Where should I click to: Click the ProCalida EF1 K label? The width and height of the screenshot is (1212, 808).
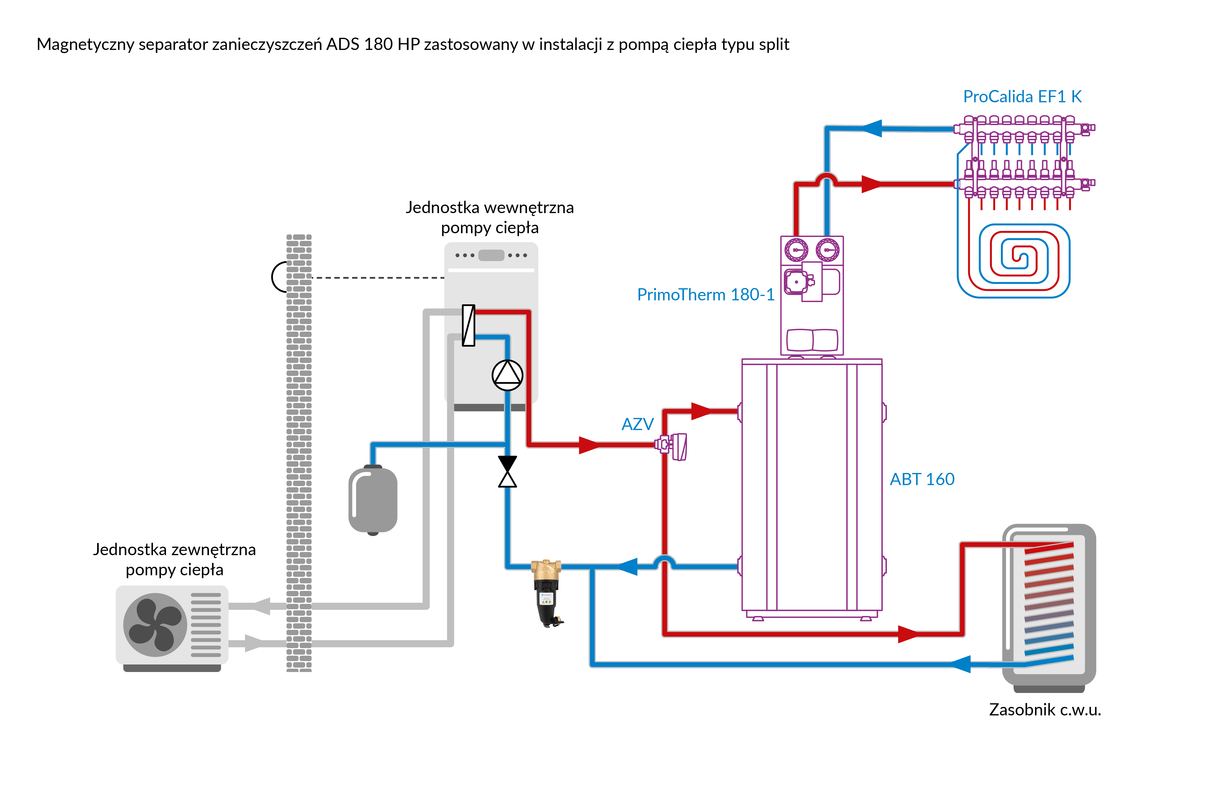1022,97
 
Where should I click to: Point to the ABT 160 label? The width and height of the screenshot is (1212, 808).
922,479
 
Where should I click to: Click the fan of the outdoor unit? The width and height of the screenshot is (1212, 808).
155,624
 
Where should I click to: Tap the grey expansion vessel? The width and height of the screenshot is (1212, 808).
373,500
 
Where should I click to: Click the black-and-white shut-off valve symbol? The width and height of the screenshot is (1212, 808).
508,472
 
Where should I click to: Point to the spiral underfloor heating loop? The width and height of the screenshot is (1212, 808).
1014,260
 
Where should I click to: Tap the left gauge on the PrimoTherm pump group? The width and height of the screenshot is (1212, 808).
796,250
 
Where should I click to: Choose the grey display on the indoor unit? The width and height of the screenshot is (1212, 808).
491,255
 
